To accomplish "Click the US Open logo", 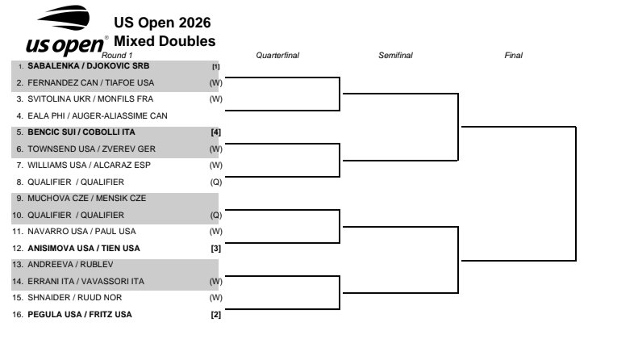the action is [66, 31].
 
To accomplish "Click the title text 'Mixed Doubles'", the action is [165, 41].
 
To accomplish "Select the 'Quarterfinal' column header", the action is [277, 56].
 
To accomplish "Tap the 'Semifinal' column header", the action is [395, 56].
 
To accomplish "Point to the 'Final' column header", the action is [514, 56].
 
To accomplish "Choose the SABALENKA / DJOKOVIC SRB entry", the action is [88, 66].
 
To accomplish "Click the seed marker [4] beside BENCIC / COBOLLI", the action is [215, 132].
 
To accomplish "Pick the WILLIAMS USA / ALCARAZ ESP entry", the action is [89, 165].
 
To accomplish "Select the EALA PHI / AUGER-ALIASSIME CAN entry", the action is [98, 116].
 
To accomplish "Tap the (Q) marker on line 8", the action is [216, 182].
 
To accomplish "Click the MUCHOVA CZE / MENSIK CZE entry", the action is [86, 199].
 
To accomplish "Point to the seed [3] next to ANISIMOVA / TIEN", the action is [215, 249].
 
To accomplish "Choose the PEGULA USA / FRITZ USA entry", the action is [80, 315].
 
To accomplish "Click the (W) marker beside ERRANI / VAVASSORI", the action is [216, 282].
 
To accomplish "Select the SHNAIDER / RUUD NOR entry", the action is [74, 298].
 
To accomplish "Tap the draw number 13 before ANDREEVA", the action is [18, 265].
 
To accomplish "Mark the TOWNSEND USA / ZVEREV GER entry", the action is [92, 149].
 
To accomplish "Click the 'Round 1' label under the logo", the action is [117, 56].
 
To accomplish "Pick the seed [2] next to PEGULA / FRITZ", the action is [215, 315].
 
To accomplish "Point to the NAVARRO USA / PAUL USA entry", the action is [81, 232].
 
